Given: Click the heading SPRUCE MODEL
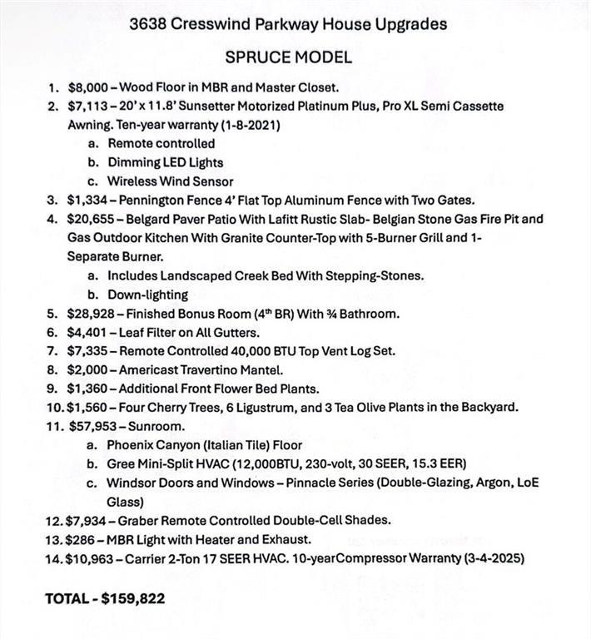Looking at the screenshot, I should (288, 57).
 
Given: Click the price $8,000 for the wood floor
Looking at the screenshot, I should (87, 87).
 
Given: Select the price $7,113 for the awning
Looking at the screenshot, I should (87, 106).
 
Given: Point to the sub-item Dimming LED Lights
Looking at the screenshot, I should (165, 162).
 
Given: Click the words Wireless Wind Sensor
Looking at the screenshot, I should (170, 181).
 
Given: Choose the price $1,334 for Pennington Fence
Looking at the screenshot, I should (87, 200).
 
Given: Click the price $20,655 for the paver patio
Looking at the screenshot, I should (91, 219).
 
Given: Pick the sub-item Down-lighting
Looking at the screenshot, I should (147, 294).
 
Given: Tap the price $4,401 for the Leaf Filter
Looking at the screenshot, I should (87, 332).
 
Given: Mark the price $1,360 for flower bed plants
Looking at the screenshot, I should (87, 388).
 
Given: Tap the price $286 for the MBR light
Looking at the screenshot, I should (81, 538).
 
